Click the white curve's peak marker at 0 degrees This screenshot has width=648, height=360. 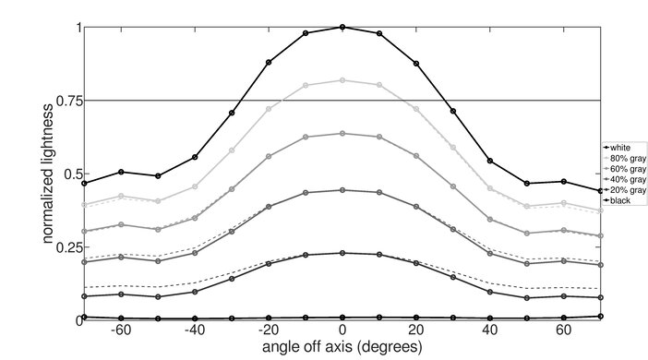pos(342,27)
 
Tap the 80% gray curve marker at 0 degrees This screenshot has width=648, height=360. pos(342,80)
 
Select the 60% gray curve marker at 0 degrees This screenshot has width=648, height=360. pos(342,133)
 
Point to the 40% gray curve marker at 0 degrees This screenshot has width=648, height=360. pos(342,190)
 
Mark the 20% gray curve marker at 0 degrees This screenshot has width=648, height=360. pos(342,253)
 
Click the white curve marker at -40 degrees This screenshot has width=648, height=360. pos(195,157)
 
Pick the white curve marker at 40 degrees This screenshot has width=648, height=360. pos(490,161)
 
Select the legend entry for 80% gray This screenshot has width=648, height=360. pos(622,158)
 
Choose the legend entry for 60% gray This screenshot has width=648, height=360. pos(622,168)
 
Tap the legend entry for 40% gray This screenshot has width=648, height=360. pos(622,178)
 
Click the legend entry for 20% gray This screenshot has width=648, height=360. pos(622,188)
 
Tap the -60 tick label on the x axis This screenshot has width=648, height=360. pos(119,330)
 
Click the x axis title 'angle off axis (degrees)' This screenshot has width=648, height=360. pos(342,347)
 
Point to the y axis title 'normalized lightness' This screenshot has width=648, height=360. pos(45,174)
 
